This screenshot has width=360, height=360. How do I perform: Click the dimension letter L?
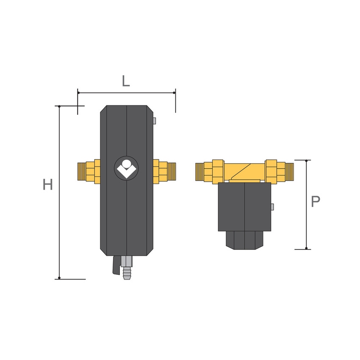pyautogui.click(x=126, y=80)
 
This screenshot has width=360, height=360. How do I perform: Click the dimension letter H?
pyautogui.click(x=48, y=185)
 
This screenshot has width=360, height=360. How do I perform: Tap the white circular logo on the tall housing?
pyautogui.click(x=126, y=169)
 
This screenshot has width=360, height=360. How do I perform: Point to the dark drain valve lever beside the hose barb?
pyautogui.click(x=115, y=268)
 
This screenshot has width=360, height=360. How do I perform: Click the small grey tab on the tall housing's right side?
pyautogui.click(x=155, y=121)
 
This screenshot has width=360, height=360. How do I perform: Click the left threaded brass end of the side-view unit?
pyautogui.click(x=202, y=171)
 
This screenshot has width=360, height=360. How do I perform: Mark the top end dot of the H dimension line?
pyautogui.click(x=59, y=106)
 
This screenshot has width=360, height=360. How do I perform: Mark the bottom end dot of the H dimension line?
pyautogui.click(x=59, y=278)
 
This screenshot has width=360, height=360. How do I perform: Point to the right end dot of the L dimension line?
pyautogui.click(x=175, y=92)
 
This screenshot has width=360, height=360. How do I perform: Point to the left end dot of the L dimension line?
pyautogui.click(x=78, y=92)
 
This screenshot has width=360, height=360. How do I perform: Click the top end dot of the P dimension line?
pyautogui.click(x=307, y=160)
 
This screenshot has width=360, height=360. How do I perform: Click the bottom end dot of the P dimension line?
pyautogui.click(x=307, y=249)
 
